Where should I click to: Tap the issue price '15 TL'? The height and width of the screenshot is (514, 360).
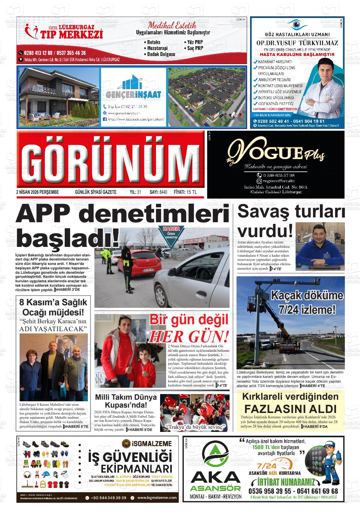click(x=191, y=192)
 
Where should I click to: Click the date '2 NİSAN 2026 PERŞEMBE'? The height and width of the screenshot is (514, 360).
click(x=37, y=192)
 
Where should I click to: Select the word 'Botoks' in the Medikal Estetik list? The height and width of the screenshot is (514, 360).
click(x=154, y=42)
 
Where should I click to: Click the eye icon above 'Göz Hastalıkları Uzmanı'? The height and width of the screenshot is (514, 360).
click(x=296, y=24)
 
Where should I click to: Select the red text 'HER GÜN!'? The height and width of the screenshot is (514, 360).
click(x=188, y=337)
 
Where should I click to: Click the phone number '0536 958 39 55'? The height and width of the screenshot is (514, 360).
click(x=269, y=491)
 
